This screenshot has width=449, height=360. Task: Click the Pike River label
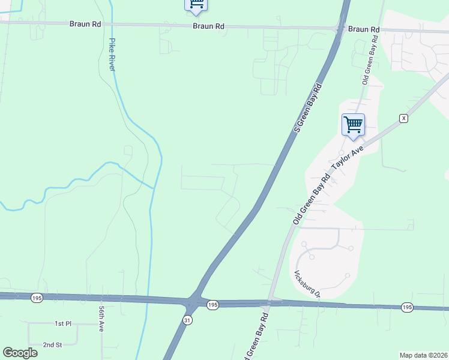(112, 55)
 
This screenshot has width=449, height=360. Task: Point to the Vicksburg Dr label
(307, 284)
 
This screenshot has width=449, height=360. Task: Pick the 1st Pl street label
(63, 323)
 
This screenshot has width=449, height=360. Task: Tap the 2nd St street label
(52, 345)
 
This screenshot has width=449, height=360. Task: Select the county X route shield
(404, 118)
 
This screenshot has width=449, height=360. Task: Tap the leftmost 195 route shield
(37, 298)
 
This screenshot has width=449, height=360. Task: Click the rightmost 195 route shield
(407, 307)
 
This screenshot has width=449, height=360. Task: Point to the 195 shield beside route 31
(212, 305)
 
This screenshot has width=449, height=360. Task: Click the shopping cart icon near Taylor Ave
(353, 125)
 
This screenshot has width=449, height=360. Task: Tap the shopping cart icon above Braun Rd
(196, 4)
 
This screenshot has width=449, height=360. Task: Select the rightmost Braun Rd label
(364, 29)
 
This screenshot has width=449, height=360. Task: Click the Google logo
(20, 353)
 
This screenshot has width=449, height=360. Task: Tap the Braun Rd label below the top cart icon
(208, 26)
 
